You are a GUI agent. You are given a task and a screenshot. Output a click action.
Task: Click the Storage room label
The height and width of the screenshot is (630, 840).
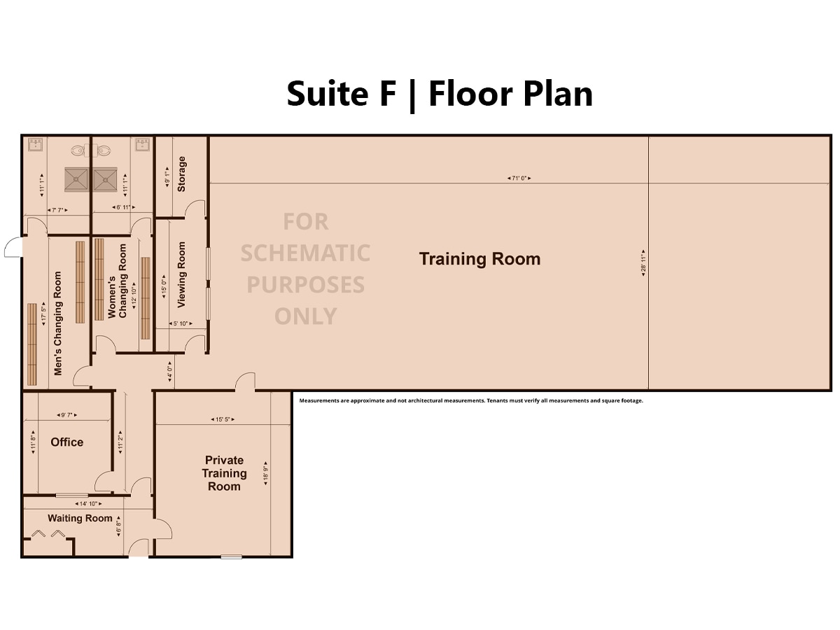pos(182,174)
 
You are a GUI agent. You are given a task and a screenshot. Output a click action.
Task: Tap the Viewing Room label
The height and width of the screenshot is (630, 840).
pos(182,274)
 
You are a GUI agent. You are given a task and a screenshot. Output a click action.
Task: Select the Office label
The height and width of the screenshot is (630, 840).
pos(67,442)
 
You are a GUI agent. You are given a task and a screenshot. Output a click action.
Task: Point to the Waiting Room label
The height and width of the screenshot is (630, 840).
pos(80,518)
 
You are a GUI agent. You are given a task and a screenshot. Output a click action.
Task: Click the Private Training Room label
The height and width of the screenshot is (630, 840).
pos(224,473)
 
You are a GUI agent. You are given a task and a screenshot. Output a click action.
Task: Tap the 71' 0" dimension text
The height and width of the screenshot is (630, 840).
pos(519,178)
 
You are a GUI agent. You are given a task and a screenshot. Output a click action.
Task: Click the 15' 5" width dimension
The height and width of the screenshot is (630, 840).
pos(222,419)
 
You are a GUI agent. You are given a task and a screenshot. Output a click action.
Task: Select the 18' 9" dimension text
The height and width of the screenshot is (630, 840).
pos(265,475)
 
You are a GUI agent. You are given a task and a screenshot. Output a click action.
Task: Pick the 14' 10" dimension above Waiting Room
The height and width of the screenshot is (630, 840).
pos(87,503)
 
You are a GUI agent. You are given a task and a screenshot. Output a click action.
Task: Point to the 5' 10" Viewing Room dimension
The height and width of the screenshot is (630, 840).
pos(180,323)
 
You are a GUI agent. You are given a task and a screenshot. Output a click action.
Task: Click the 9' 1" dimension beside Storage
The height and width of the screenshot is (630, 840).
pos(166,176)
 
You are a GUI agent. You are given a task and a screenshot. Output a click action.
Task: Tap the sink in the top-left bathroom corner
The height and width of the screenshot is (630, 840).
pos(36,145)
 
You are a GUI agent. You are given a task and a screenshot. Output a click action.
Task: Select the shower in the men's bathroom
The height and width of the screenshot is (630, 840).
pos(76,179)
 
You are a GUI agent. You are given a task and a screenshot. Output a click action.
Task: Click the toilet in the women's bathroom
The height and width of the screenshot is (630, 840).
pos(104,150)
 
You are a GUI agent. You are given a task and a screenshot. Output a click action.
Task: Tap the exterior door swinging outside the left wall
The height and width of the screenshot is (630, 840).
pos(13,247)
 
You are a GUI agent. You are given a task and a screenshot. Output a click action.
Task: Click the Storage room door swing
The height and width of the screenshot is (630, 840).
pos(195,209)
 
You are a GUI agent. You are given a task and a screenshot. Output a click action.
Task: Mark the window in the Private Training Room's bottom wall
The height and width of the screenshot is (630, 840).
pos(231,556)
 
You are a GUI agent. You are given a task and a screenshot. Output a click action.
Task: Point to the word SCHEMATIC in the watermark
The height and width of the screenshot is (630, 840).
pos(305,253)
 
